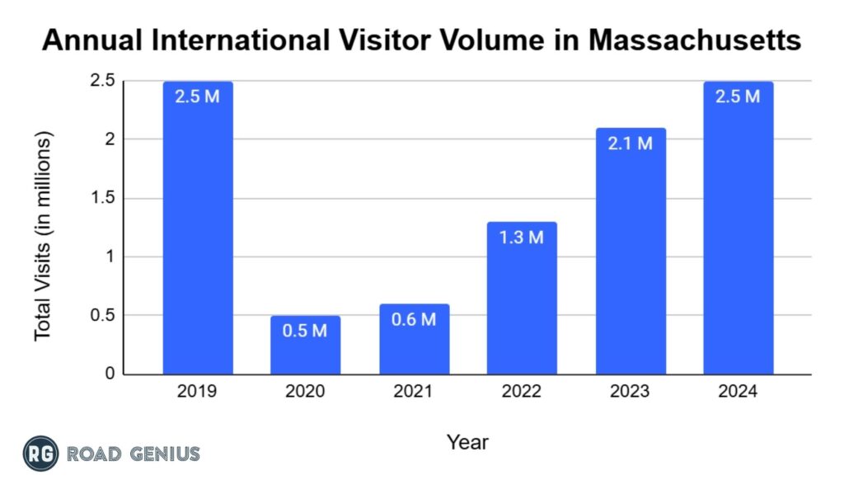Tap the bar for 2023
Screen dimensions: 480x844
click(631, 264)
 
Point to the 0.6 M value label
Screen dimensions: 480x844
click(414, 319)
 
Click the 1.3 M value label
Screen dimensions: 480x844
click(522, 238)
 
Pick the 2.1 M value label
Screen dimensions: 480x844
click(631, 144)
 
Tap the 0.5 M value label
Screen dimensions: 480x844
click(305, 332)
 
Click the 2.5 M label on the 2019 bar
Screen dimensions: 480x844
click(197, 96)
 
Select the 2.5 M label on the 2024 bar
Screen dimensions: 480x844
click(738, 96)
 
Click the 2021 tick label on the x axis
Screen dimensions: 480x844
click(414, 392)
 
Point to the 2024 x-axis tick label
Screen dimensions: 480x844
click(738, 392)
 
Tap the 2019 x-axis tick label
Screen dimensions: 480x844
click(197, 392)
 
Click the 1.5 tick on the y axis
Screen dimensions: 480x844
click(105, 199)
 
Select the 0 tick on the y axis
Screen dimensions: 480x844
click(110, 374)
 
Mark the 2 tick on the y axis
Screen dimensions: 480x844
click(110, 140)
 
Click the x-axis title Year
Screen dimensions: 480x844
click(467, 442)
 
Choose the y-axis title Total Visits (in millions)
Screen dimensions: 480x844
click(43, 235)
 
